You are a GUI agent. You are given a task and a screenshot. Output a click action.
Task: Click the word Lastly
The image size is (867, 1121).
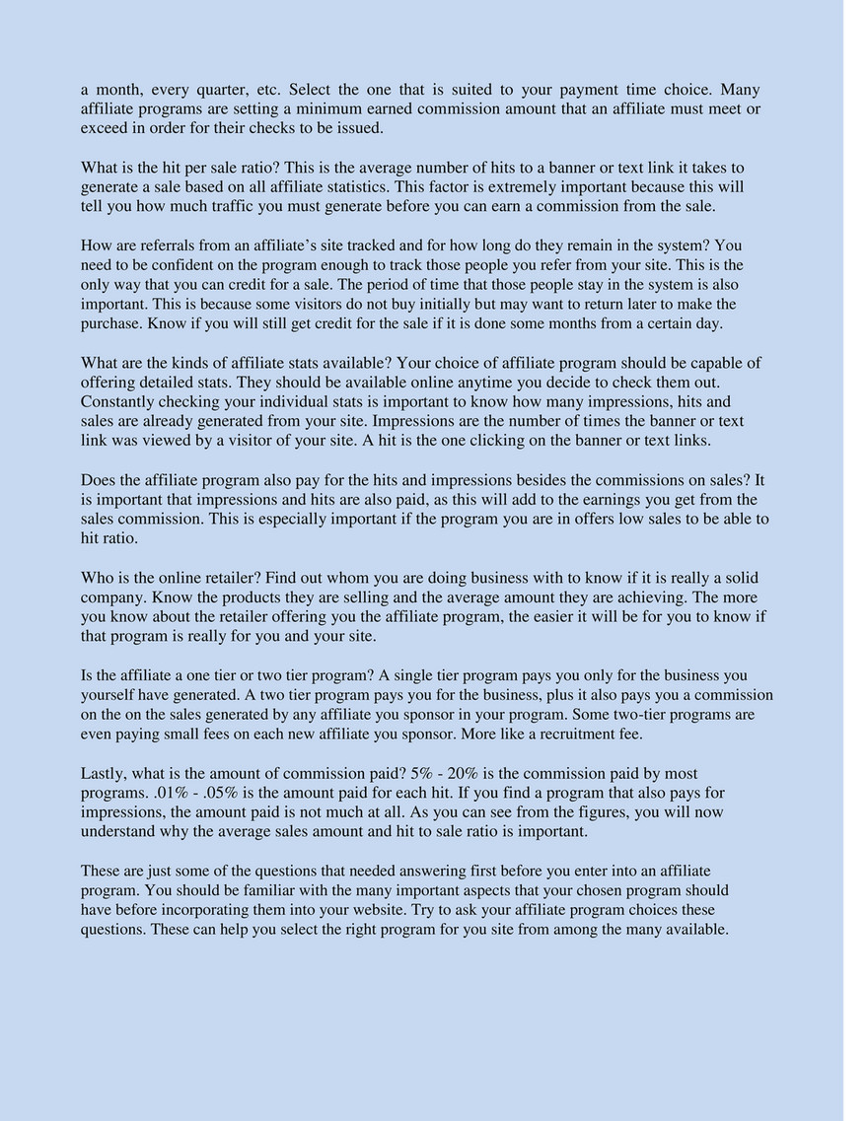[106, 774]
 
